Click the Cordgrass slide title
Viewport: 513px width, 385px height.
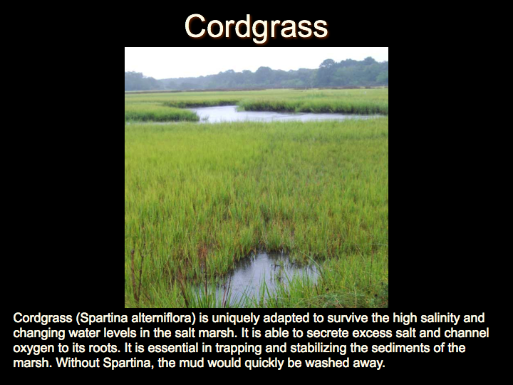point(256,28)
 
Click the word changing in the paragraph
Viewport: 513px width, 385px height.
point(35,334)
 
